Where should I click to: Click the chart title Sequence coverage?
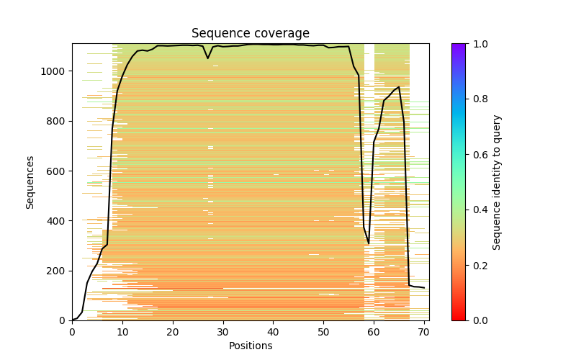[x=250, y=34]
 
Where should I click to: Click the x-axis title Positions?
[x=250, y=346]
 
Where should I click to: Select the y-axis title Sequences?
[x=30, y=181]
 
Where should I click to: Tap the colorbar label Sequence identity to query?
[x=497, y=181]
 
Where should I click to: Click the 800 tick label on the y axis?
[x=58, y=121]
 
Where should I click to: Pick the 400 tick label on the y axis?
[x=58, y=220]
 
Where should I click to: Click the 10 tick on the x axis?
[x=122, y=320]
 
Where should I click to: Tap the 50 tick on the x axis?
[x=323, y=320]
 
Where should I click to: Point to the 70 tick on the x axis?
[x=424, y=320]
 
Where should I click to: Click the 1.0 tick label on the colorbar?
[x=477, y=44]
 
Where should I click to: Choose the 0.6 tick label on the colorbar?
[x=477, y=155]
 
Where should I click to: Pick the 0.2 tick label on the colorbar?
[x=477, y=265]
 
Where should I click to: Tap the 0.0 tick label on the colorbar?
[x=477, y=320]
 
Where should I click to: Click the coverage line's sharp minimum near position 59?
[x=369, y=244]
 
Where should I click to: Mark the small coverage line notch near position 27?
[x=208, y=58]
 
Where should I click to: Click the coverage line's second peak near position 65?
[x=399, y=87]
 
